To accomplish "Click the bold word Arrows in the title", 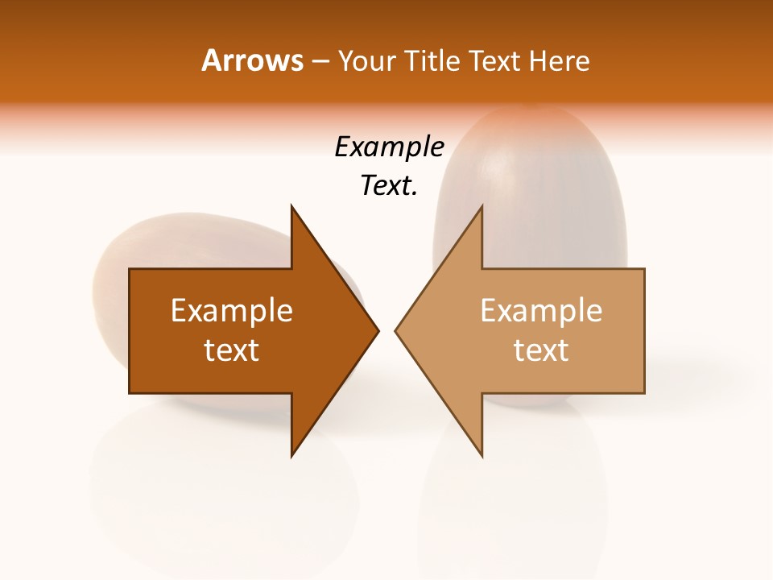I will point(252,60).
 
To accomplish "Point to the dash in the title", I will point(320,61).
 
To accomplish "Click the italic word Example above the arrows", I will point(390,147).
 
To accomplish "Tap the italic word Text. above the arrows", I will point(390,186).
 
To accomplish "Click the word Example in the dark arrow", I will point(232,311).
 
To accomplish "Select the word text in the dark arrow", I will point(232,350).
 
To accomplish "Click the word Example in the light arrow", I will point(541,311).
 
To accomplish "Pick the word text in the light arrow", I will point(541,350).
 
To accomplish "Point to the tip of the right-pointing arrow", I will point(377,330).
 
